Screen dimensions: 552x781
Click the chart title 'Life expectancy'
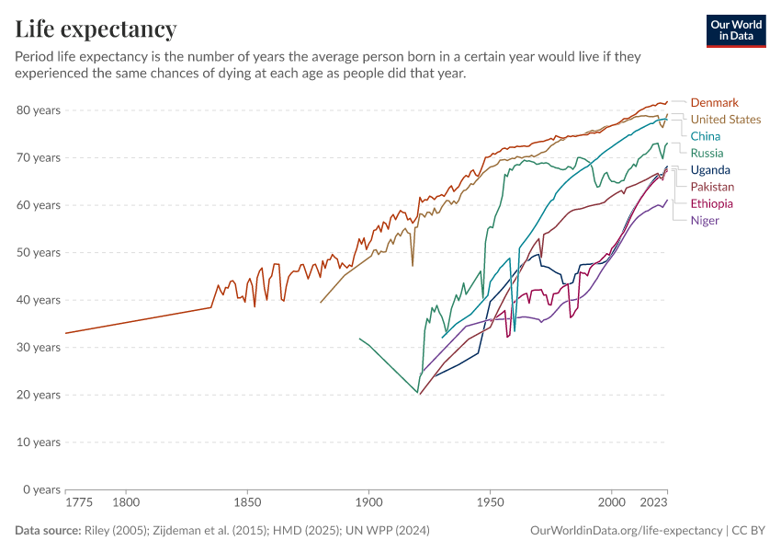coord(96,29)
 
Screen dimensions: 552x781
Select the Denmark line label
coord(714,102)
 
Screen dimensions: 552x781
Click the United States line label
coord(725,120)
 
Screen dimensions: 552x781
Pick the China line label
coord(706,136)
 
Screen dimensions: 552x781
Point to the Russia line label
coord(707,153)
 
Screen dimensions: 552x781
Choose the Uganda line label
coord(710,170)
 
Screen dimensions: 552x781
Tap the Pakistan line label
coord(712,187)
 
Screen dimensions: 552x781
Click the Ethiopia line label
coord(711,203)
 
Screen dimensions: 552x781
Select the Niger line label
coord(705,220)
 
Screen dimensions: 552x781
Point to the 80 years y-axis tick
coord(39,110)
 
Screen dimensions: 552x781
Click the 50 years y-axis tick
coord(39,252)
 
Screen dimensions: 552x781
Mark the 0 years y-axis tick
coord(42,489)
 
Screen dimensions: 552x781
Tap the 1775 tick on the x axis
coord(79,503)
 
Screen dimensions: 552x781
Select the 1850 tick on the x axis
coord(247,503)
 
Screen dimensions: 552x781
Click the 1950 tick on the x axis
coord(490,503)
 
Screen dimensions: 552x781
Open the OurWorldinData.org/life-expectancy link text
coord(626,531)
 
